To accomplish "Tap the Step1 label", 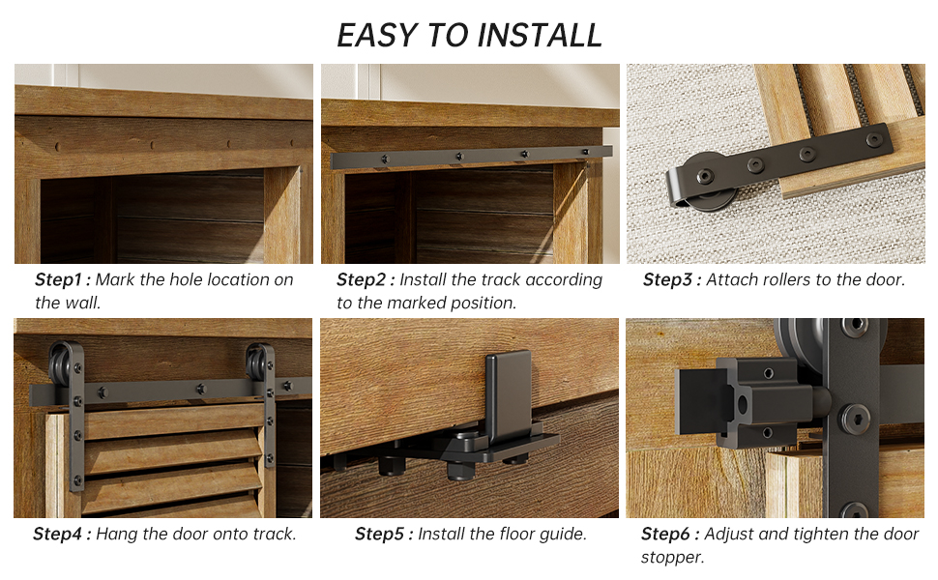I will click(x=63, y=279).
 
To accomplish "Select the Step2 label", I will click(x=366, y=279).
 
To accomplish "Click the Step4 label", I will click(x=62, y=534).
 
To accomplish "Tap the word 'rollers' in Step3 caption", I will click(x=786, y=279).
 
